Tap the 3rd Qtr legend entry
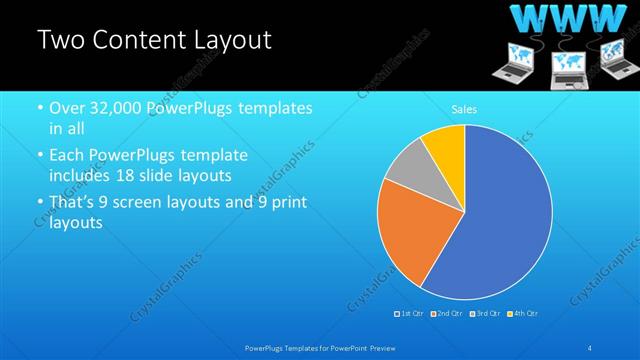pyautogui.click(x=484, y=314)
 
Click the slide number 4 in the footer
pyautogui.click(x=591, y=347)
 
